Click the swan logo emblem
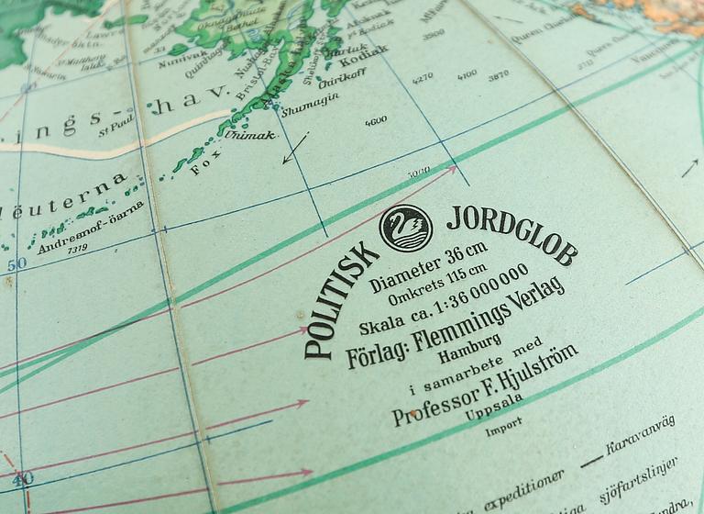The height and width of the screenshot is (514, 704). pos(405,227)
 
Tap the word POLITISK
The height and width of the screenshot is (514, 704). pos(341,299)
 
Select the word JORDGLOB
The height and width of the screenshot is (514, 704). pos(511,235)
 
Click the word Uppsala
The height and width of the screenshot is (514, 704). pos(492,407)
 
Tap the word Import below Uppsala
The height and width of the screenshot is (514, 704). pos(504,427)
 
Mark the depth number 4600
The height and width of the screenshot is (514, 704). pos(375,120)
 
